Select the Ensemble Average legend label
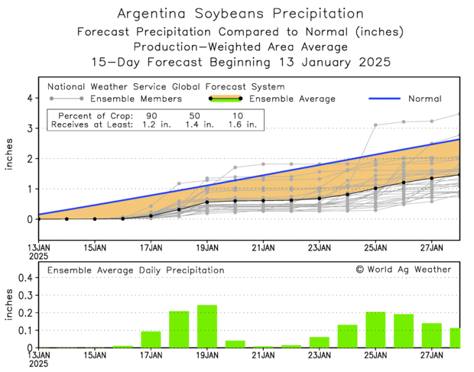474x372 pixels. tap(294, 99)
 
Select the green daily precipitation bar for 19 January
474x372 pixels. tap(207, 326)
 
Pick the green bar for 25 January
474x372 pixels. tap(375, 329)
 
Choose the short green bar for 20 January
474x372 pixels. tap(235, 344)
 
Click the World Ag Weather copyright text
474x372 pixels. tap(403, 270)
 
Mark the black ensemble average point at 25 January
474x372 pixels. tap(375, 188)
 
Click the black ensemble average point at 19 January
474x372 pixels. tap(207, 202)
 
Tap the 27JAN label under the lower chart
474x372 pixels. tap(432, 356)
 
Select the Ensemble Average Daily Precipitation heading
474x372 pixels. tap(136, 270)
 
